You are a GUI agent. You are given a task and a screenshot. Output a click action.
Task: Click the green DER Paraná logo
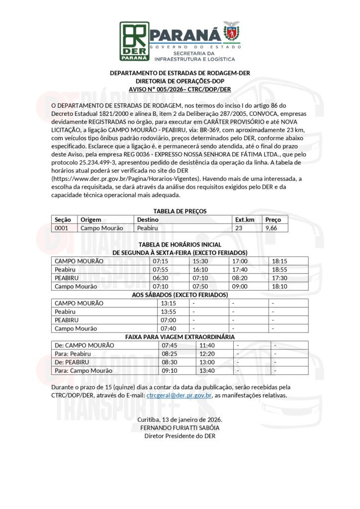pos(134,41)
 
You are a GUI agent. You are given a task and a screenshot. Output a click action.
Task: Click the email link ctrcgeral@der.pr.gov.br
pos(180,396)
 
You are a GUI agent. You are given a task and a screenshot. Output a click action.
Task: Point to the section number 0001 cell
pos(62,228)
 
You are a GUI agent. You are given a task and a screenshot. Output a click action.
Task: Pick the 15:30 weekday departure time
pos(200,261)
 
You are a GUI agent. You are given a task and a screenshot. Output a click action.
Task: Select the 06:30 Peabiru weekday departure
pos(161,278)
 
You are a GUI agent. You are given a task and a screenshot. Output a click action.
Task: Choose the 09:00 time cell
pos(240,286)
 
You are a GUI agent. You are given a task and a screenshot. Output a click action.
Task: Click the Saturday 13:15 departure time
pos(169,303)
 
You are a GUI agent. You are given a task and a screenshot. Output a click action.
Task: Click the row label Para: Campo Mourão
pos(83,370)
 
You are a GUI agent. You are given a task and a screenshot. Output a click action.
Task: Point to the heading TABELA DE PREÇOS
pos(180,211)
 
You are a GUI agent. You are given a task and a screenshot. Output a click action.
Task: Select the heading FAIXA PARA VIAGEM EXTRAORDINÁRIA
pos(180,337)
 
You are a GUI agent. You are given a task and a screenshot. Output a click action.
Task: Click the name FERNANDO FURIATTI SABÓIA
pos(180,427)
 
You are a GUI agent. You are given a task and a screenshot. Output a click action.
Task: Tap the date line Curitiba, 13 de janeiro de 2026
pos(180,420)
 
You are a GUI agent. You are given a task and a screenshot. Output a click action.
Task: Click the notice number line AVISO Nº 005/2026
pos(180,88)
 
